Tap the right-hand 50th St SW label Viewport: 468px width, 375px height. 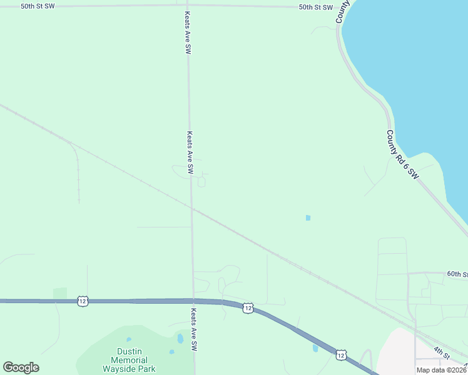pyautogui.click(x=315, y=7)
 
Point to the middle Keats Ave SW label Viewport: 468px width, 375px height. pyautogui.click(x=190, y=152)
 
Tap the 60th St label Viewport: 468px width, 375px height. pyautogui.click(x=457, y=274)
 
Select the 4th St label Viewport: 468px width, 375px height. pyautogui.click(x=443, y=353)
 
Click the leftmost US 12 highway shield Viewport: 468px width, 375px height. pyautogui.click(x=83, y=301)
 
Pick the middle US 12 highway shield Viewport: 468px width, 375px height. pyautogui.click(x=248, y=308)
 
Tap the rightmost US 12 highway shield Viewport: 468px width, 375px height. pyautogui.click(x=340, y=354)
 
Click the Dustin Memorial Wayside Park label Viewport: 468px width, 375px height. pyautogui.click(x=129, y=360)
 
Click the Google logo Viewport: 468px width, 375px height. pyautogui.click(x=21, y=367)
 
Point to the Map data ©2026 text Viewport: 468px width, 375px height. pyautogui.click(x=441, y=370)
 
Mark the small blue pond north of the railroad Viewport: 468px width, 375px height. pyautogui.click(x=307, y=217)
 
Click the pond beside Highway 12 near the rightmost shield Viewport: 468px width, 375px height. pyautogui.click(x=315, y=348)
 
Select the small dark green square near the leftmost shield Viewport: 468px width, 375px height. pyautogui.click(x=60, y=292)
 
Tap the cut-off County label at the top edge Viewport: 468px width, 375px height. pyautogui.click(x=343, y=11)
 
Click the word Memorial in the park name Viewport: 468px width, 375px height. pyautogui.click(x=129, y=360)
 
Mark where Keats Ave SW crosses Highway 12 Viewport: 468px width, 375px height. pyautogui.click(x=193, y=301)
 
